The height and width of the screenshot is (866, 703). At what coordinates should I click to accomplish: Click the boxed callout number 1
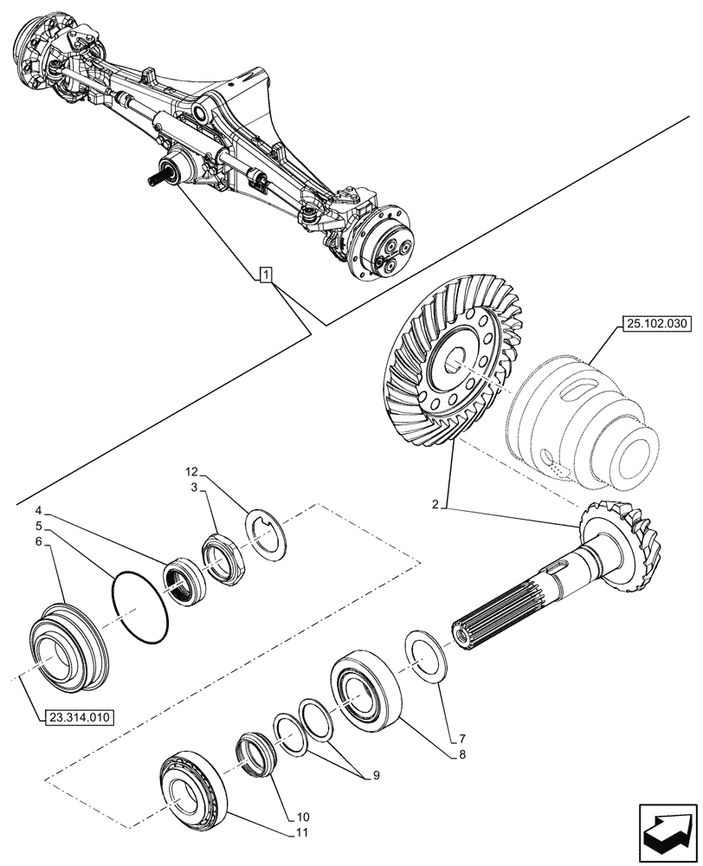[266, 275]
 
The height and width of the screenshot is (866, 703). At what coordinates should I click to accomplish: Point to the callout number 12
[191, 472]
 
